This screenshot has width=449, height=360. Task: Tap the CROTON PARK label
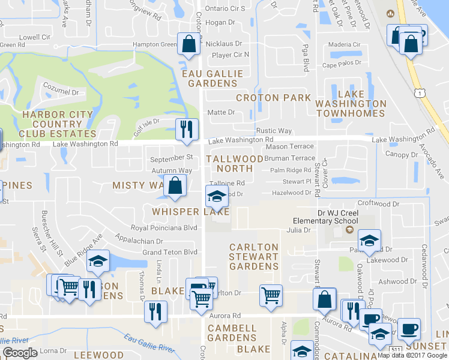coord(274,97)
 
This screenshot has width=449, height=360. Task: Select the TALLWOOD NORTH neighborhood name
coord(235,164)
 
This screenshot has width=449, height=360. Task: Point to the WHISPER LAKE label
coord(190,212)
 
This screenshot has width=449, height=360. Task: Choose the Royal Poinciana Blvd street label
coord(164,228)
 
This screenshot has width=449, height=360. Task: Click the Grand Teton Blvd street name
coord(169,252)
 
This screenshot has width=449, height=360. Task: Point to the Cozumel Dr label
coord(59,92)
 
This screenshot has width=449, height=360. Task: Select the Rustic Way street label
coord(274,131)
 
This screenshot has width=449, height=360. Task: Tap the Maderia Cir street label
coord(345,44)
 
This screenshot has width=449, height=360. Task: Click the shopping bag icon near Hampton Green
coord(189,45)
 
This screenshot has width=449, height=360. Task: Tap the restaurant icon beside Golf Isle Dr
coord(187,128)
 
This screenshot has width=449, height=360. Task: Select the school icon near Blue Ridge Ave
coord(98,261)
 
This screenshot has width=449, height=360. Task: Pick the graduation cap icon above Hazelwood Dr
coord(217,195)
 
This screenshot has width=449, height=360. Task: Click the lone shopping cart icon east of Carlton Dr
coord(271,295)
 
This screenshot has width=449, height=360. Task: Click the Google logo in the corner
coord(20,352)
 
